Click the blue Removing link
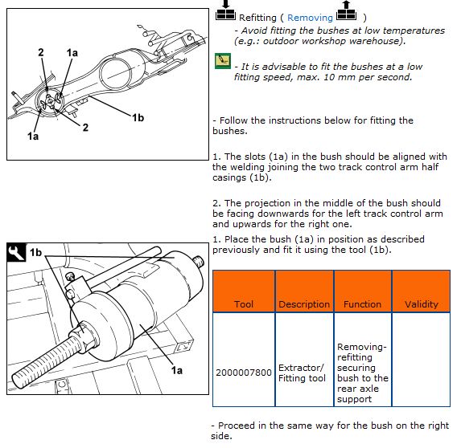pos(310,18)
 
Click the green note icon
pos(223,61)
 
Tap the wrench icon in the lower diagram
pos(16,252)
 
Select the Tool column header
pos(244,304)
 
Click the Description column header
pos(304,304)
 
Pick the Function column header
pos(362,304)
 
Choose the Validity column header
pos(422,304)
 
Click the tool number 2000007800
pos(244,373)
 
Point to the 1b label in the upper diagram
pos(138,118)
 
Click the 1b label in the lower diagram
pos(35,252)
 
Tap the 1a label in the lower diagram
pos(177,370)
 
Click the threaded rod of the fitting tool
pos(44,360)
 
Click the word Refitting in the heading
pos(257,18)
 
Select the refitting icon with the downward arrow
pos(225,11)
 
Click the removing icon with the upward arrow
pos(346,11)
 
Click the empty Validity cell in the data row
pos(421,360)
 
